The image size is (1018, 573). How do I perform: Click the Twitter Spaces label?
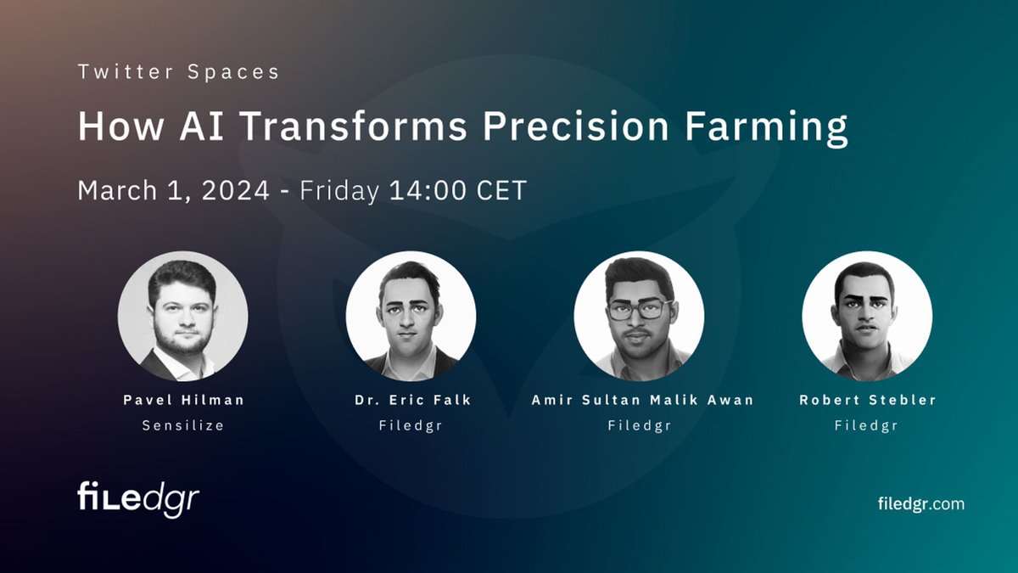point(178,72)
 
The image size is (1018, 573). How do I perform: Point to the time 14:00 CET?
point(458,190)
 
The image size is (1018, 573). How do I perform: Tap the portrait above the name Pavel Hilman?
point(182,316)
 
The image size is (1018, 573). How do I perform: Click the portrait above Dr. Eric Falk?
point(411,316)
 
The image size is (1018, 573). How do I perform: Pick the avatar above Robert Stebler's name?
point(867,316)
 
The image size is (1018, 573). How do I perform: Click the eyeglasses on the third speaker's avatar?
point(639,309)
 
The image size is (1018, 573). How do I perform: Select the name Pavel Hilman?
point(182,400)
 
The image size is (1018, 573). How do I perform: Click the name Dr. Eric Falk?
point(411,400)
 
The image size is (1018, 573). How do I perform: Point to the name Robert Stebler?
point(867,400)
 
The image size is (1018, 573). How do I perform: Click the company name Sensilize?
point(182,425)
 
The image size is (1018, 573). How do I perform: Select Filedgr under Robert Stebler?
point(867,425)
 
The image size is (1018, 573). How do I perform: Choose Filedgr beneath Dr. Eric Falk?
point(411,425)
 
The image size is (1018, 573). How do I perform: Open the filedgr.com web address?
point(920,503)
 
